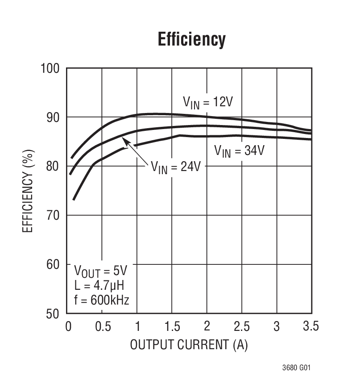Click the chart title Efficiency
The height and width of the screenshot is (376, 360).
[x=192, y=39]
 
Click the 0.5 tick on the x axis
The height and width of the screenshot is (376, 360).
[x=102, y=326]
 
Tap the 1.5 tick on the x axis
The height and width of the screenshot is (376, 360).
[x=172, y=326]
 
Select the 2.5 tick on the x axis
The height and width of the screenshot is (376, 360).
[x=242, y=326]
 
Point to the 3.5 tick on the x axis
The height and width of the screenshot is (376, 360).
[x=310, y=326]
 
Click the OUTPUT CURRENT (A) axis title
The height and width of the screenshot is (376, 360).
[x=189, y=345]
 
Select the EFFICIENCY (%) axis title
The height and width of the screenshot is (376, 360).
[x=28, y=191]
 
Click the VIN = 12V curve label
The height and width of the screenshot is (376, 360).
[x=207, y=102]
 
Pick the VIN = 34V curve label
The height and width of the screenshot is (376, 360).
[x=239, y=150]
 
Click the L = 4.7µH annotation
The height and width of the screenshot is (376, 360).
[x=101, y=285]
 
